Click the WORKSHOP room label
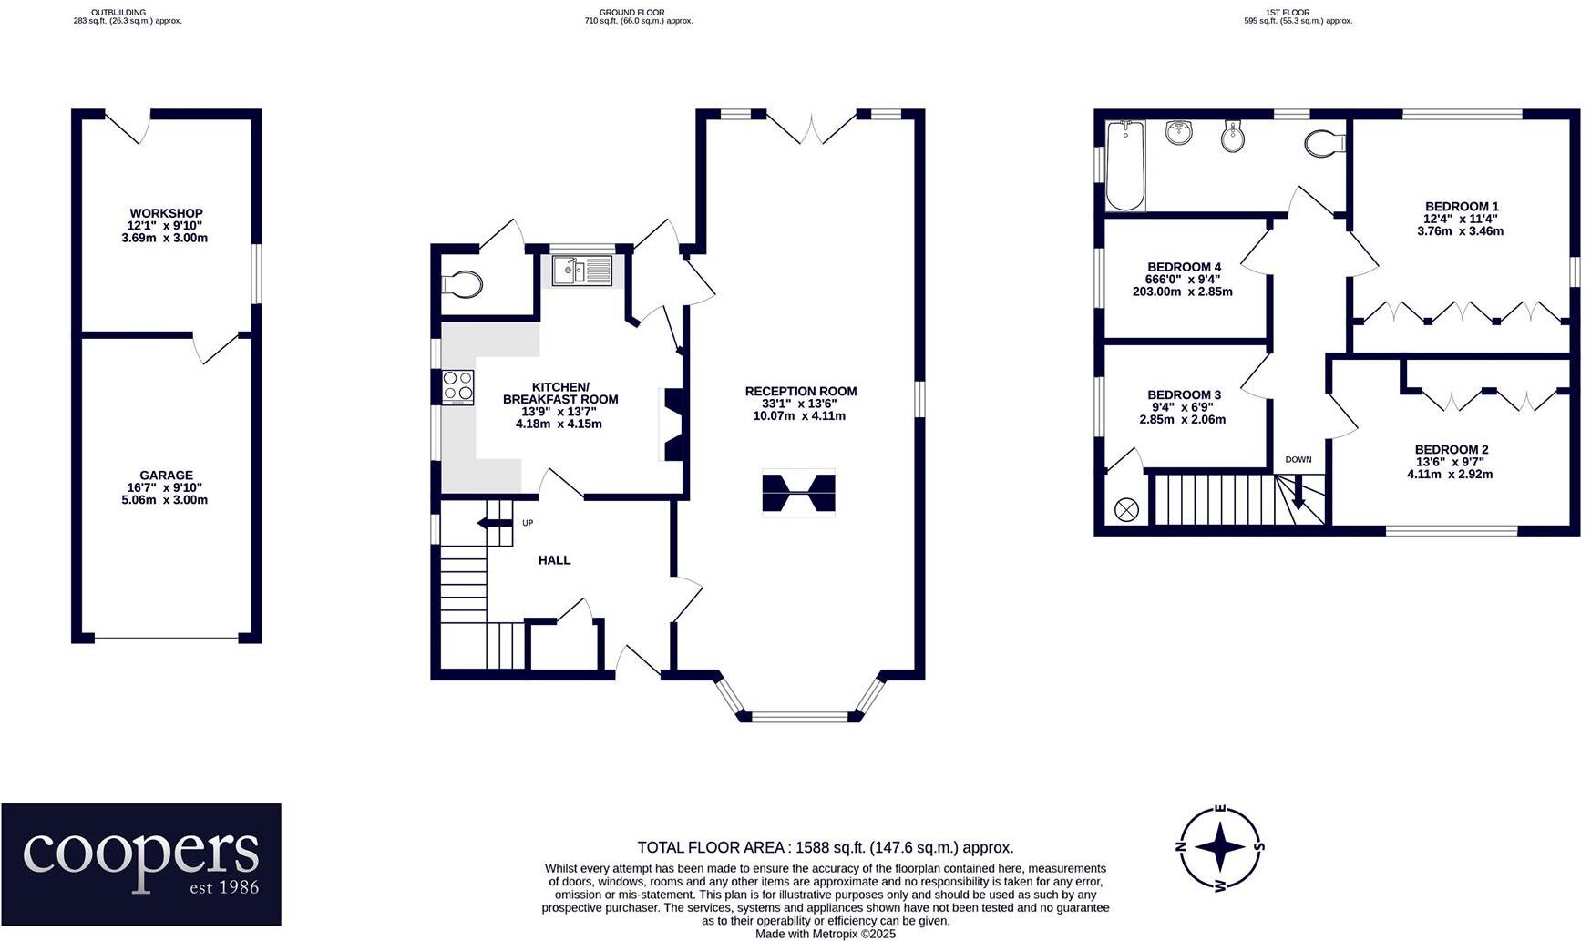coord(166,213)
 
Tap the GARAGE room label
coord(166,475)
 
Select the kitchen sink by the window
coord(581,271)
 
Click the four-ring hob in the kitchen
coord(458,387)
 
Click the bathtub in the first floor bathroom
coord(1125,165)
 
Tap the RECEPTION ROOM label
coord(800,391)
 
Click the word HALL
coord(554,560)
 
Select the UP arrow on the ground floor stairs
coord(495,523)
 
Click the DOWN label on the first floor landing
coord(1298,459)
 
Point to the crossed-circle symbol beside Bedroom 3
coord(1126,509)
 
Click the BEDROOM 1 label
coord(1461,207)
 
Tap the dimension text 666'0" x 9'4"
coord(1183,280)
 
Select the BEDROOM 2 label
coord(1451,449)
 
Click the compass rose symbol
coord(1220,847)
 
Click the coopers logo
coord(141,864)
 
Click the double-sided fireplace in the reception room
coord(798,494)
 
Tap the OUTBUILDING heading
coord(118,13)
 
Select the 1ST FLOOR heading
coord(1288,13)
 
